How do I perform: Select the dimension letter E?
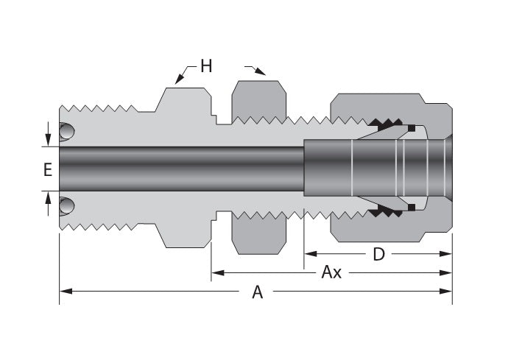click(48, 169)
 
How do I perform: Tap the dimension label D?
click(378, 254)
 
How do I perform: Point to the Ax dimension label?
click(331, 272)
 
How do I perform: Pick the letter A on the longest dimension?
click(257, 292)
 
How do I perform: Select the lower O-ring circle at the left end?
click(67, 205)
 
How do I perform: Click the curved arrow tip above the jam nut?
click(262, 71)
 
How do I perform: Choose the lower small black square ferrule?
click(412, 207)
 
